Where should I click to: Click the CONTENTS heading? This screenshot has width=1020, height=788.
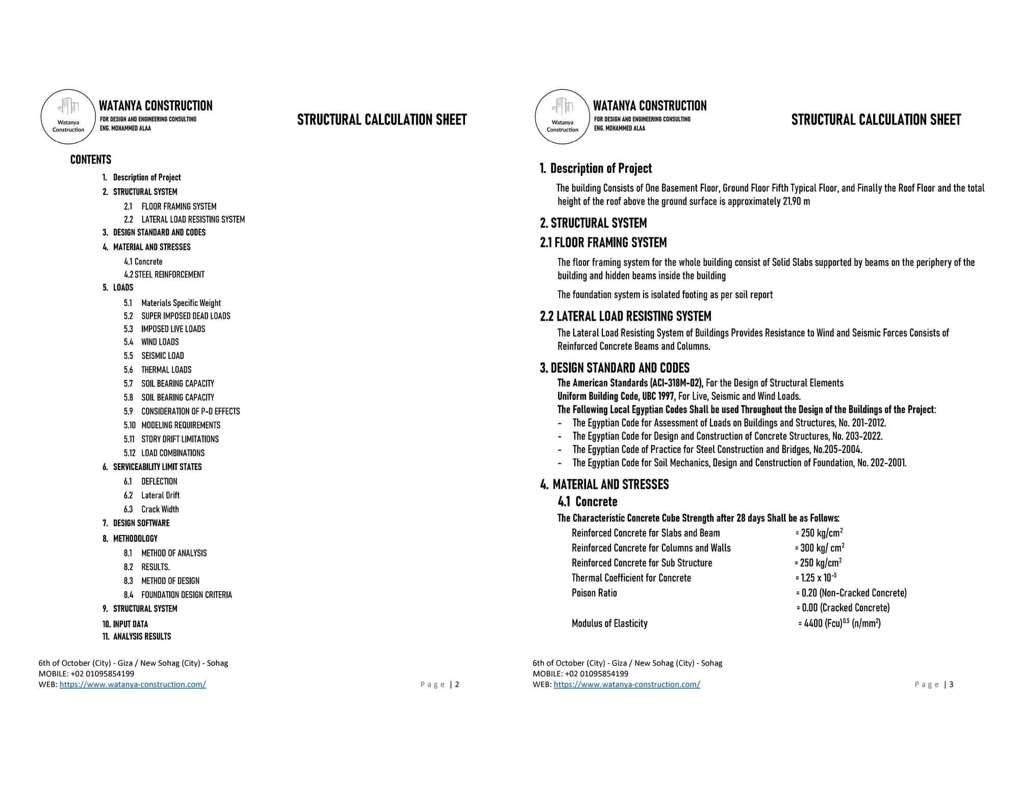coord(90,160)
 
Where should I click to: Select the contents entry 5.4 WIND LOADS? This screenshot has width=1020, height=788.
coord(151,342)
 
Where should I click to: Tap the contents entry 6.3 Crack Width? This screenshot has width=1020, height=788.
coord(151,509)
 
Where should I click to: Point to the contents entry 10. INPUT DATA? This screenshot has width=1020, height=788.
coord(125,624)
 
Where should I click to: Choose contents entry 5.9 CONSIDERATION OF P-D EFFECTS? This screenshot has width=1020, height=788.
coord(182,411)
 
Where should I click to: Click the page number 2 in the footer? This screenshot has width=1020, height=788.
coord(457,684)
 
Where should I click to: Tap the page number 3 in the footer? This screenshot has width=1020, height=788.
coord(951,684)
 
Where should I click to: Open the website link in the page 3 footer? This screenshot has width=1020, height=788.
coord(626,684)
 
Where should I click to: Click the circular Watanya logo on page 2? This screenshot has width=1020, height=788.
coord(68,117)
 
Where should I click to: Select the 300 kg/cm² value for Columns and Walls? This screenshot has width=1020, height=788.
coord(820,548)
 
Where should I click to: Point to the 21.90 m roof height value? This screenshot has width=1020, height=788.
coord(796,201)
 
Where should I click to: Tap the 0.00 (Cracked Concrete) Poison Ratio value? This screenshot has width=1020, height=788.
coord(844,608)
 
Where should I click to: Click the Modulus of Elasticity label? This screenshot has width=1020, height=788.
coord(609,623)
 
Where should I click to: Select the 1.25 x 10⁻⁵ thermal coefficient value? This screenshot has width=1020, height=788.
coord(817,578)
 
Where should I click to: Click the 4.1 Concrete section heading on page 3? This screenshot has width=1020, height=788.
coord(588,501)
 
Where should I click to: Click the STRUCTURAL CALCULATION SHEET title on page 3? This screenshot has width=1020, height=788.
coord(876,120)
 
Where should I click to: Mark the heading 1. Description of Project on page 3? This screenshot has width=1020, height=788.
coord(596,168)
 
